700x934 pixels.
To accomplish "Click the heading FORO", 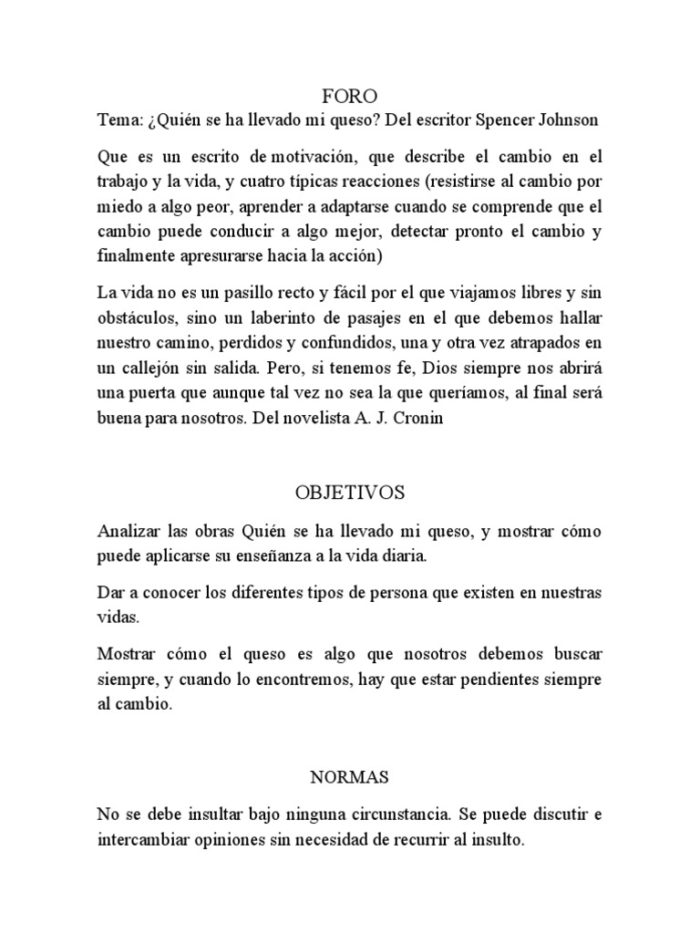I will (x=350, y=96).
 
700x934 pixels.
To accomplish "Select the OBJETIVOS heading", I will (x=350, y=493).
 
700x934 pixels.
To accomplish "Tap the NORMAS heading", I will (x=350, y=777).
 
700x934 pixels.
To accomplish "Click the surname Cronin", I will (x=421, y=421).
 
